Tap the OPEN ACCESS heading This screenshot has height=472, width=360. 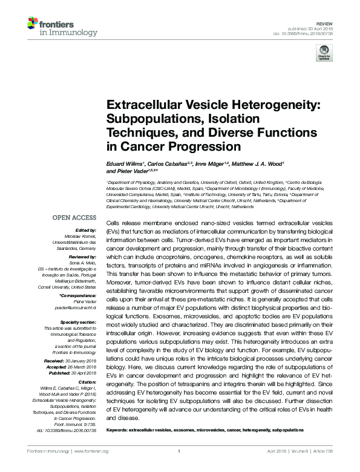pyautogui.click(x=76, y=216)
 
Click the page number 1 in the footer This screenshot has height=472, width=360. pyautogui.click(x=180, y=451)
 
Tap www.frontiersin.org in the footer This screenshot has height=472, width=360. pyautogui.click(x=90, y=451)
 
